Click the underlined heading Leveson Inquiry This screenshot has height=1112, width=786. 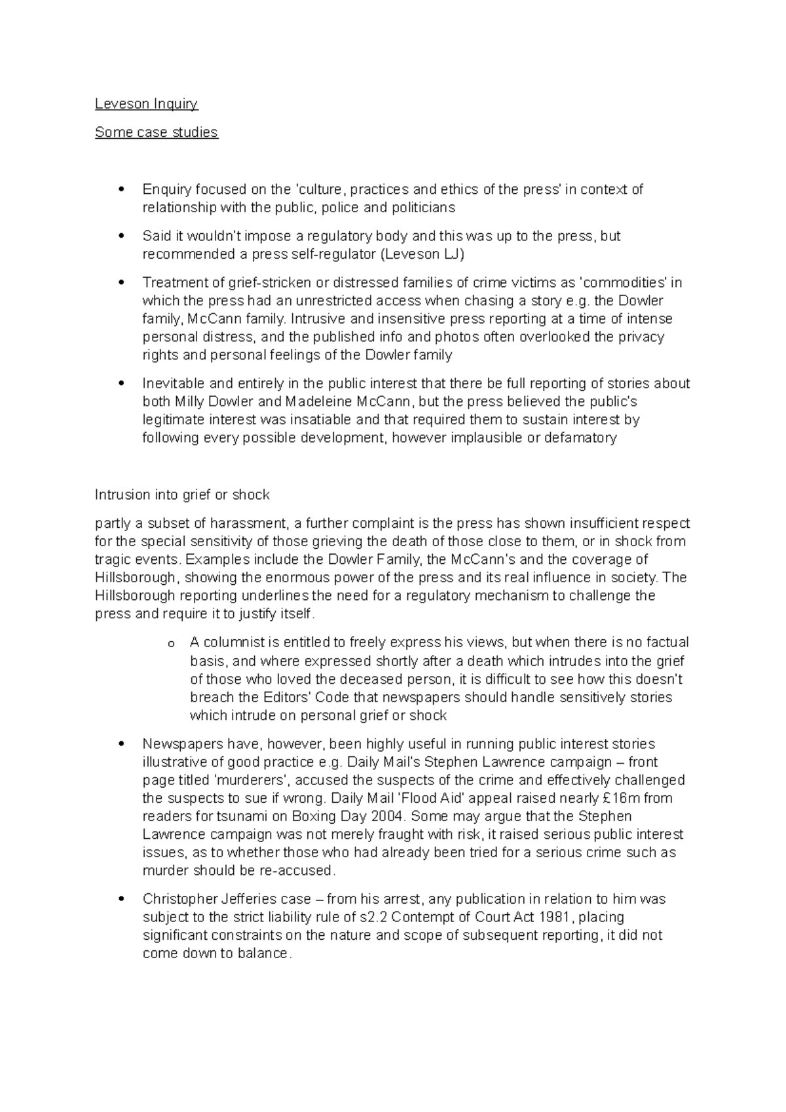click(146, 103)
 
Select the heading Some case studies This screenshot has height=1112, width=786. click(156, 132)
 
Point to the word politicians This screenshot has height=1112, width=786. click(423, 208)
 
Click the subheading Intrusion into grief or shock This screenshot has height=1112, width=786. click(182, 494)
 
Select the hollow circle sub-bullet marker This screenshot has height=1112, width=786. click(171, 644)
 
